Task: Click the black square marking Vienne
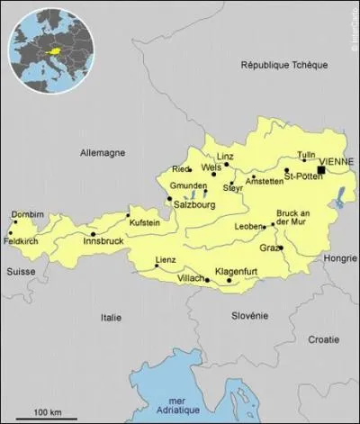coord(321,169)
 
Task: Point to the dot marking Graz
coord(280,248)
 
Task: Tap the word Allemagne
coord(103,153)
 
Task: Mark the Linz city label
coord(226,156)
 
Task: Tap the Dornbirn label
coord(27,214)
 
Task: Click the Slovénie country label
coord(247,315)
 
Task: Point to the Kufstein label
coord(145,221)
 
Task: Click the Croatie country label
coord(323,340)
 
